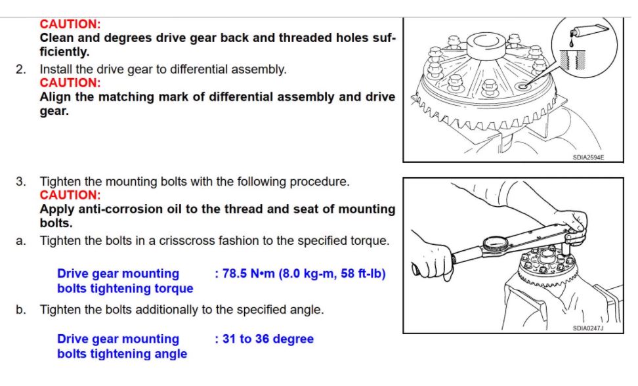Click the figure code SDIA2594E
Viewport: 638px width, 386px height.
(x=588, y=158)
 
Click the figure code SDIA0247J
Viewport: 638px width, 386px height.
(x=588, y=328)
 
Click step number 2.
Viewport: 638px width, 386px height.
(x=21, y=69)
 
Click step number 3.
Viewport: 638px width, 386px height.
(x=21, y=181)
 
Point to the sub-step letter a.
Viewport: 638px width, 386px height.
(x=21, y=241)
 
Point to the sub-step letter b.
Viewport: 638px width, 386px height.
(x=21, y=309)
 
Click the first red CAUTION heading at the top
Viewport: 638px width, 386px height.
(x=70, y=24)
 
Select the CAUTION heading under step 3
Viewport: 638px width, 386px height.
(x=70, y=195)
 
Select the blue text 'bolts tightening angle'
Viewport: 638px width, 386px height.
(x=121, y=354)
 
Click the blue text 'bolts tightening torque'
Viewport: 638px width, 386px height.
(x=125, y=288)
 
